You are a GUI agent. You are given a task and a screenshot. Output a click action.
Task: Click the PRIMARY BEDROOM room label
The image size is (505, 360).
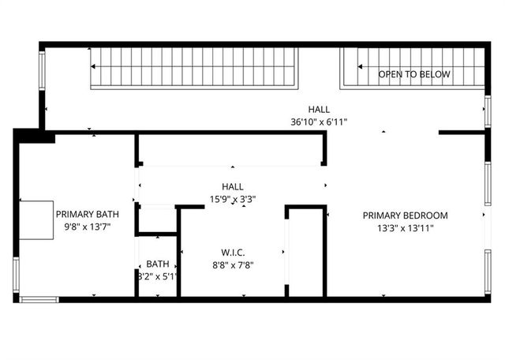coord(405,216)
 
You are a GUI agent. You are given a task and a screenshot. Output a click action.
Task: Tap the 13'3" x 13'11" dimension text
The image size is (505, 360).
coord(405,228)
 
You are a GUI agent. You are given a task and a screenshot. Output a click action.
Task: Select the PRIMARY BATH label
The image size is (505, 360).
coord(87,214)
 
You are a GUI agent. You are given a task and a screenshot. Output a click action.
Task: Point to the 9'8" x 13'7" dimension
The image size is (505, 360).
coord(87,227)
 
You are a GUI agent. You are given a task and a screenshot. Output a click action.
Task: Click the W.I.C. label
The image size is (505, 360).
coord(232,253)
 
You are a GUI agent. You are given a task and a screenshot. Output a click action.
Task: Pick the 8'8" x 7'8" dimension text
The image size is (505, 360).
coord(232,265)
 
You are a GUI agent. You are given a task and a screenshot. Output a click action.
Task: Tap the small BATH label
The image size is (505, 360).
coord(158,264)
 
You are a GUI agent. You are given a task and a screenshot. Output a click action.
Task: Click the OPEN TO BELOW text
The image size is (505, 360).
coord(414,74)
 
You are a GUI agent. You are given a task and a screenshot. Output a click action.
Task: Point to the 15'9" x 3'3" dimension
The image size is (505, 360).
coord(232,199)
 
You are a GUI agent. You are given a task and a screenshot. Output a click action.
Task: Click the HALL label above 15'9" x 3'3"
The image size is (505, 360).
coord(232,186)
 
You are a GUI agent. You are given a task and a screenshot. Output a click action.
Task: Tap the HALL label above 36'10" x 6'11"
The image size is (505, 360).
coord(319,109)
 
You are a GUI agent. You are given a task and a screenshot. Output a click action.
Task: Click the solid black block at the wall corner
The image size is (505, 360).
coord(35,136)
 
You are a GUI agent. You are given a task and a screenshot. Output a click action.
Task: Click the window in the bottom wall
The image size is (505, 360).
coord(39,299)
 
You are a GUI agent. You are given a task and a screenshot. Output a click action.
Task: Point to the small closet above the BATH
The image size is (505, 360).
coord(157,219)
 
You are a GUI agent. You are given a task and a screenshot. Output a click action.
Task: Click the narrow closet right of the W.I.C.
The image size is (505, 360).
coord(305,253)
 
